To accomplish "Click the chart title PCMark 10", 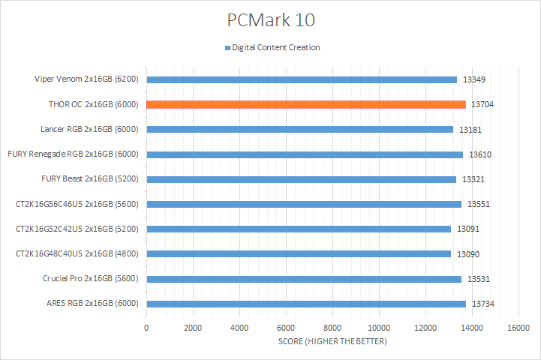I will click(x=270, y=19).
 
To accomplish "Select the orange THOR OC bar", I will click(x=305, y=104).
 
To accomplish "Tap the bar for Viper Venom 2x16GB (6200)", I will click(x=301, y=79).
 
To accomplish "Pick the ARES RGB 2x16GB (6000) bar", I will click(x=305, y=304).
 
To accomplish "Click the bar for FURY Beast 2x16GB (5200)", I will click(x=301, y=179).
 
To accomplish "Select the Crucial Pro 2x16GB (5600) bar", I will click(x=303, y=279).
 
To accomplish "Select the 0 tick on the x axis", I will click(x=146, y=328).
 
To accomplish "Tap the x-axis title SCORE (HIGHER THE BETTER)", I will click(x=332, y=342).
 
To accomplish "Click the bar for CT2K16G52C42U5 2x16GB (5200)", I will click(x=298, y=229).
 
